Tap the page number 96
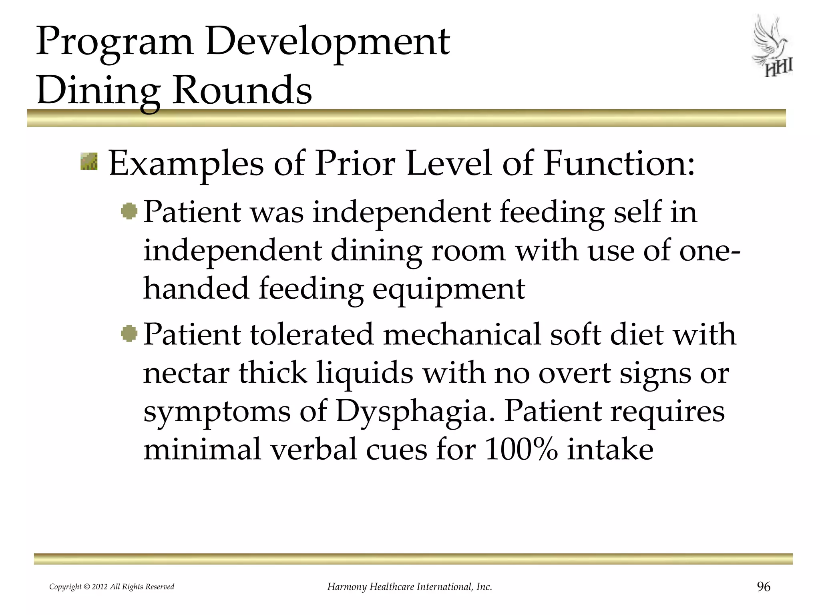pyautogui.click(x=764, y=587)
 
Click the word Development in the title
pyautogui.click(x=328, y=42)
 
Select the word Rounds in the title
pyautogui.click(x=242, y=90)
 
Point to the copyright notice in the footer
pyautogui.click(x=112, y=587)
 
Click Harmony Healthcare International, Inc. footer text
pyautogui.click(x=410, y=587)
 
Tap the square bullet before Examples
pyautogui.click(x=89, y=161)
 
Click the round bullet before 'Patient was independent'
pyautogui.click(x=129, y=211)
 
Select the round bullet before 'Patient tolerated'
pyautogui.click(x=129, y=333)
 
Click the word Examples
pyautogui.click(x=186, y=164)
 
